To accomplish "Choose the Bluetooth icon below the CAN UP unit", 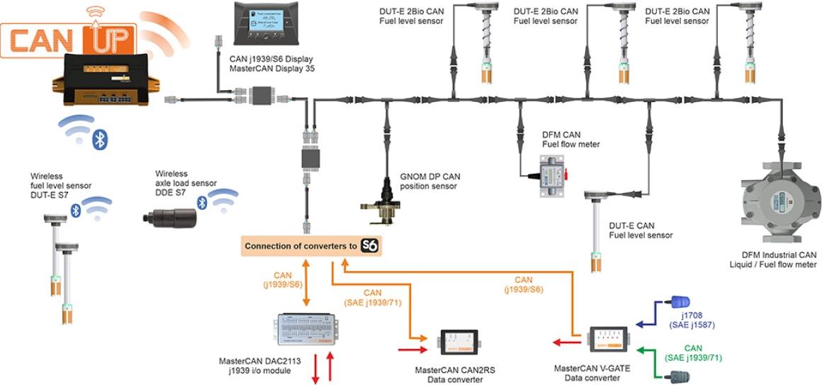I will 99,140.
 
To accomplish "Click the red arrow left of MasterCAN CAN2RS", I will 414,349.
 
